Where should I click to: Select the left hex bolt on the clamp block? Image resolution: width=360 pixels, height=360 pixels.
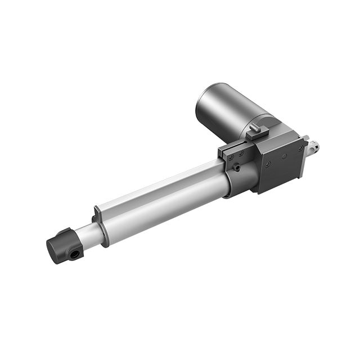point(229,157)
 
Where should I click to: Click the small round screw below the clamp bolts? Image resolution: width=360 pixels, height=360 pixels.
point(236,167)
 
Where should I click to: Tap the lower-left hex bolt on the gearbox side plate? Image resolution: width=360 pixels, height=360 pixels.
point(268,164)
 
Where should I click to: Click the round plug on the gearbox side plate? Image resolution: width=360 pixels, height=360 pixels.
point(284,156)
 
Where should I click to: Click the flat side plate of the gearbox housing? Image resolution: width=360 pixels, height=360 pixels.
point(281,169)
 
